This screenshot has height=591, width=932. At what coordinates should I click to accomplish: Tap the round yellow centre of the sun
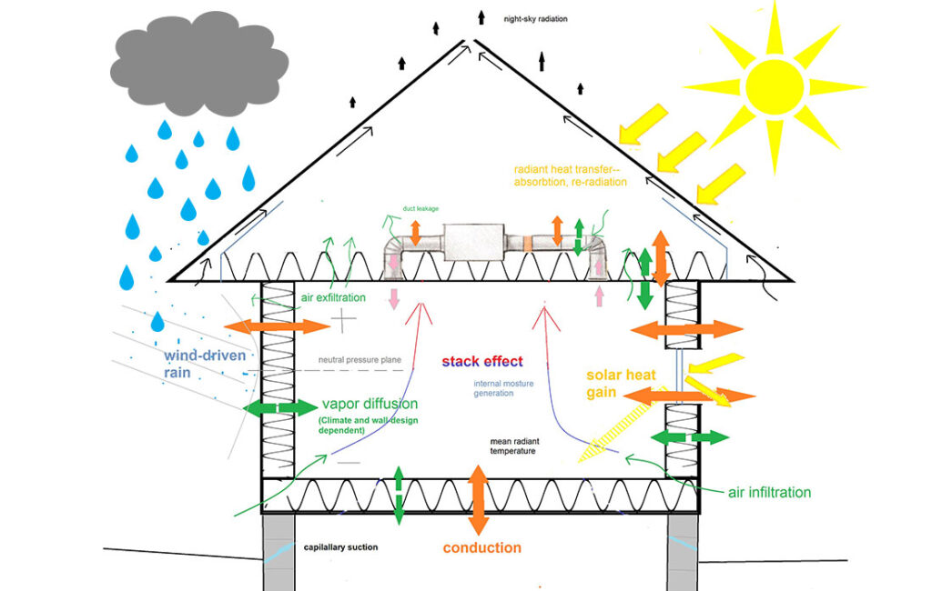(775, 86)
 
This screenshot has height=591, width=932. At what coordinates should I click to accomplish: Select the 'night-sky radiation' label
(536, 18)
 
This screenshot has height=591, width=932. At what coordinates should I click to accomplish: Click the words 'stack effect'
(482, 361)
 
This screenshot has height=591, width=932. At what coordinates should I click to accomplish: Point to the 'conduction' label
(481, 547)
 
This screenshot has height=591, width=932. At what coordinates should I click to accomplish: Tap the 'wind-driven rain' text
(204, 364)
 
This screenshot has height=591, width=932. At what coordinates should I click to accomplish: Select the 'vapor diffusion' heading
(370, 404)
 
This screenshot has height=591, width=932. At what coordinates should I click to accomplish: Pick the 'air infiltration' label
(769, 492)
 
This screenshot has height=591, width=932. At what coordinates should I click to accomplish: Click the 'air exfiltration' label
(333, 297)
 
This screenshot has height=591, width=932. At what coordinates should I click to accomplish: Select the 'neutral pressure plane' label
(360, 360)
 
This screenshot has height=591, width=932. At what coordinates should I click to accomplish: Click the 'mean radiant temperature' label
(521, 445)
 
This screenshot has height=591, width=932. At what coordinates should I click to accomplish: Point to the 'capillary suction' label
(340, 547)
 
